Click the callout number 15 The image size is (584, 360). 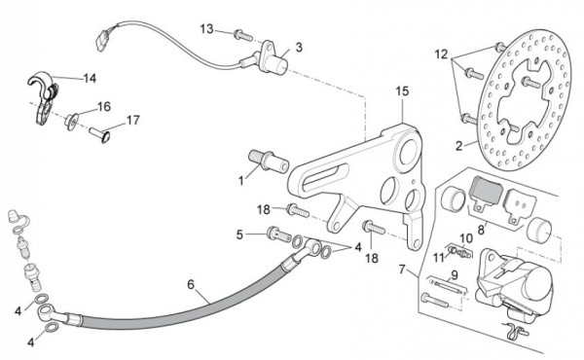coord(402,91)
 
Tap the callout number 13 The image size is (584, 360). coord(207,28)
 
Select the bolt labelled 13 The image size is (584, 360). coord(243,36)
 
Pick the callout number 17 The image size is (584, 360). coord(133,121)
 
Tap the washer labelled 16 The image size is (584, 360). coord(71,122)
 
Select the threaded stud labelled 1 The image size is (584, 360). coord(269,161)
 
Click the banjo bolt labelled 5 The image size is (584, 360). coord(279,234)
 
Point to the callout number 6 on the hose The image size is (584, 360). coord(191,285)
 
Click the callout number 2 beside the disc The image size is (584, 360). coord(458,146)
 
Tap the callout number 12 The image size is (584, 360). coord(441,54)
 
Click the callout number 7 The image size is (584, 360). coord(401,269)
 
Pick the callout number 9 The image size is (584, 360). coord(455,275)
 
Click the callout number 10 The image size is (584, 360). coord(466,238)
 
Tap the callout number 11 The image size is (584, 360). coord(440,257)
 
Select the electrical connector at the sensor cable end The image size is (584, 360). coord(102,39)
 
